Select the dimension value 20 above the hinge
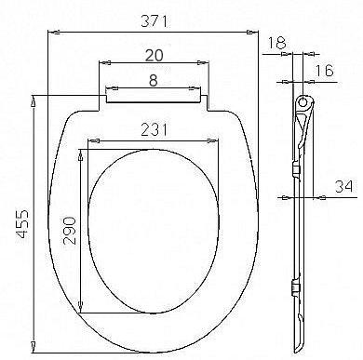[155, 57]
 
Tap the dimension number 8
[155, 81]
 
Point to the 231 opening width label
[155, 133]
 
